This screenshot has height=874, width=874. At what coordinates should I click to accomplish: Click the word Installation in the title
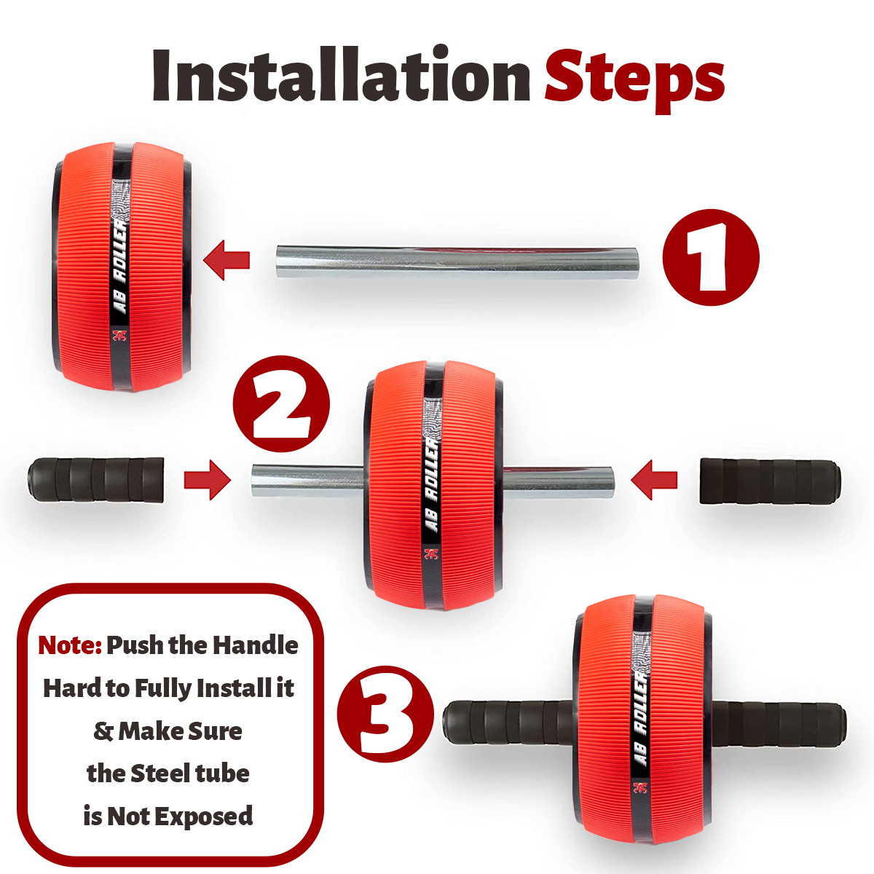point(341,75)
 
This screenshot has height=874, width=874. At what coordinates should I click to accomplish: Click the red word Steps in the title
point(634,80)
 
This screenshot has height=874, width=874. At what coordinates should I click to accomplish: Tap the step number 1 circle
point(711,257)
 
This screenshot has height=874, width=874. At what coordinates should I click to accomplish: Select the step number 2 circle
point(281,403)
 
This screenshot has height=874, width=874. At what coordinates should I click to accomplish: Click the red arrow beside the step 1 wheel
point(227,260)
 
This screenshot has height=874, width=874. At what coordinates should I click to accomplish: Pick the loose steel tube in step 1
point(457,262)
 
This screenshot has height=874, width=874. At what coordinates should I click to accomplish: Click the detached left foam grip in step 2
point(95,479)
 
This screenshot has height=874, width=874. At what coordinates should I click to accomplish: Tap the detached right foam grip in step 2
point(770,481)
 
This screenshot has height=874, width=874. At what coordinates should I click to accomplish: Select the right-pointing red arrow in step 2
point(208,479)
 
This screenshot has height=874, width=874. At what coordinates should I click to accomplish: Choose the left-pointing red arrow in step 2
point(654,480)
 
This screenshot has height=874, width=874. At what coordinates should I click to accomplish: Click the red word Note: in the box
point(70,645)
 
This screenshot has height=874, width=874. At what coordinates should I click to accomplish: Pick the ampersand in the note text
point(103,731)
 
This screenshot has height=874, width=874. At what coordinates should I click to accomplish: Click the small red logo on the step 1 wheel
point(120,336)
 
